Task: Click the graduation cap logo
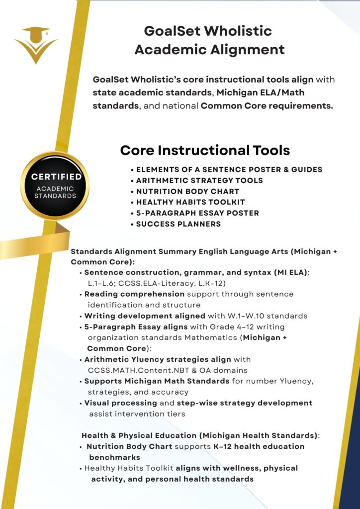(35, 44)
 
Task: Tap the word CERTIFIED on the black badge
(57, 177)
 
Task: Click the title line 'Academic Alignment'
(209, 49)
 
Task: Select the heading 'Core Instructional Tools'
(205, 150)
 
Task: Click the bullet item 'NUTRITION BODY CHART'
(187, 191)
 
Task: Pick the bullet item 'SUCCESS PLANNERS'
(179, 224)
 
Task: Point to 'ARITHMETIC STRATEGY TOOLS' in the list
(199, 180)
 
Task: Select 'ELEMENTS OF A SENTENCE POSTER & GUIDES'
(229, 170)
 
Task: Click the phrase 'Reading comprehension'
(127, 294)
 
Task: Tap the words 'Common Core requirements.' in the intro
(267, 106)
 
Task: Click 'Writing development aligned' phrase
(145, 316)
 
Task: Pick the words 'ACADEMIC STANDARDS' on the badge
(55, 192)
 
